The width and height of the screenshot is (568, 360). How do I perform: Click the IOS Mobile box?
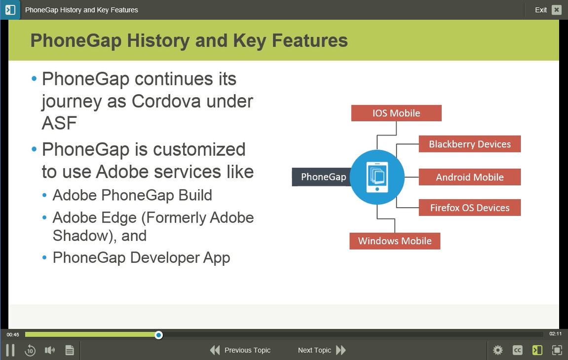(396, 113)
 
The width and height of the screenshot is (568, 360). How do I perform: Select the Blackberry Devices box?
(470, 144)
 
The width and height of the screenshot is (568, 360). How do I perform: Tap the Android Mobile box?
(470, 177)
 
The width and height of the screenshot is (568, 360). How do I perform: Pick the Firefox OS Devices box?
(470, 208)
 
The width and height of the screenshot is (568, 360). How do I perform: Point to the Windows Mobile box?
(395, 241)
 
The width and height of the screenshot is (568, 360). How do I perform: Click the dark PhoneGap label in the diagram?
(322, 177)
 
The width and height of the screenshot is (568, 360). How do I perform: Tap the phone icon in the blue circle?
(377, 177)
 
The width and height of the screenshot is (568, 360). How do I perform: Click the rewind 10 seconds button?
(30, 350)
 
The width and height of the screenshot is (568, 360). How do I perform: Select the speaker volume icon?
(50, 350)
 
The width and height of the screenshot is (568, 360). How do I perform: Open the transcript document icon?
(70, 350)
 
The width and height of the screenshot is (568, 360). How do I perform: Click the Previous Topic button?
(240, 350)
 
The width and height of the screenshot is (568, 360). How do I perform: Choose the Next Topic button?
(322, 350)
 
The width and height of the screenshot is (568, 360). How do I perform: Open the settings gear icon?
(498, 350)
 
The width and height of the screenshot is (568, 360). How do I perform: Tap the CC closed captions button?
(518, 350)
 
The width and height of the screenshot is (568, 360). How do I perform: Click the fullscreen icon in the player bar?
(557, 350)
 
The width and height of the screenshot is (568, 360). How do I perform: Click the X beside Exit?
(557, 10)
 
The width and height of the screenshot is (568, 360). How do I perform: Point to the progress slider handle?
(158, 335)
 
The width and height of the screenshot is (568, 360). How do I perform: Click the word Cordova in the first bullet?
(166, 101)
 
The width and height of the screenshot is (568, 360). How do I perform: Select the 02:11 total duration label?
(555, 334)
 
